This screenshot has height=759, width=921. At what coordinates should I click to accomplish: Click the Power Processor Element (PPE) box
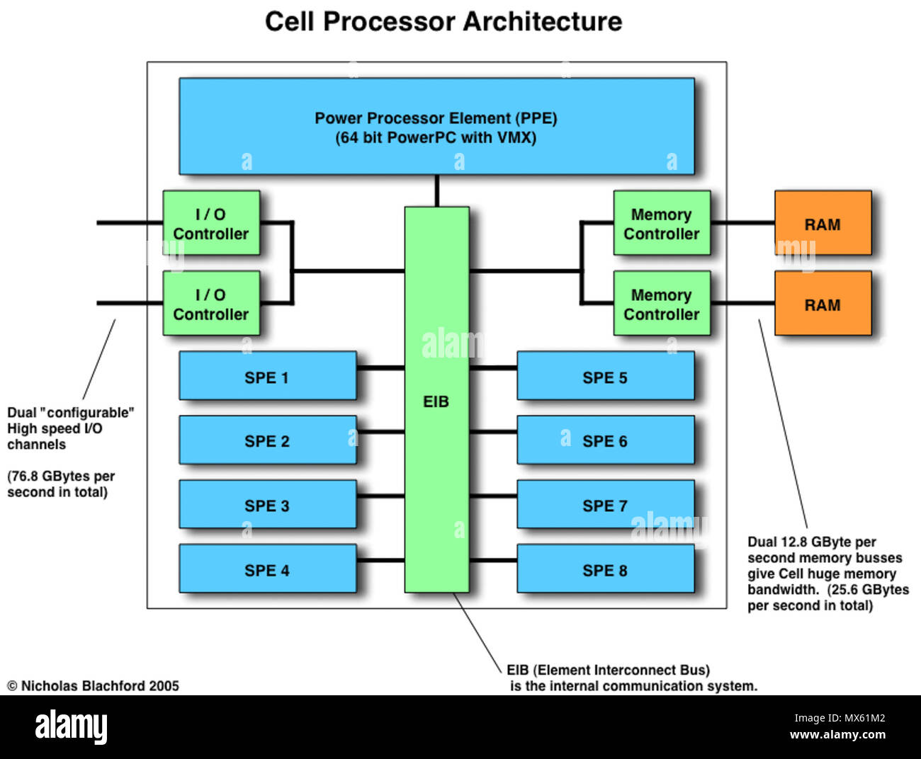[436, 126]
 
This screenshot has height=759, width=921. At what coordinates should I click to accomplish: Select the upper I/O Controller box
[211, 223]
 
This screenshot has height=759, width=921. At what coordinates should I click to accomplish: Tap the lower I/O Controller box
[211, 304]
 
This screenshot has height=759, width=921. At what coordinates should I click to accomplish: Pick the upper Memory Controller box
[661, 223]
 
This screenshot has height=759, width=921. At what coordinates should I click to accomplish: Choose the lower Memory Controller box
[661, 304]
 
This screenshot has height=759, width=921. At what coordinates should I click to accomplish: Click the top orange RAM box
[822, 223]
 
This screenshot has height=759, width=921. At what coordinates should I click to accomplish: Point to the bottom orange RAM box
[822, 304]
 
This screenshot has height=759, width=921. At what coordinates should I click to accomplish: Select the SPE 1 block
[267, 376]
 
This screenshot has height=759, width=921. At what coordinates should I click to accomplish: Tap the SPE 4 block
[267, 569]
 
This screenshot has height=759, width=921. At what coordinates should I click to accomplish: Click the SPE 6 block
[605, 440]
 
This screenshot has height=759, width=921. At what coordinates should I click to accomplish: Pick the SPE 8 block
[605, 569]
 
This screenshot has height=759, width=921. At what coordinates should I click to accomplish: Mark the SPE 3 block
[267, 505]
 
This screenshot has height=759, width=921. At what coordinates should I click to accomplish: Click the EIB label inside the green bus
[436, 401]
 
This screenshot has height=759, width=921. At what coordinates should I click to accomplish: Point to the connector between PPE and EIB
[436, 190]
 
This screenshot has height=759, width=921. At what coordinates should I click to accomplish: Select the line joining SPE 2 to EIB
[380, 430]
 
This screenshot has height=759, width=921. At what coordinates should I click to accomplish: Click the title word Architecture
[543, 21]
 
